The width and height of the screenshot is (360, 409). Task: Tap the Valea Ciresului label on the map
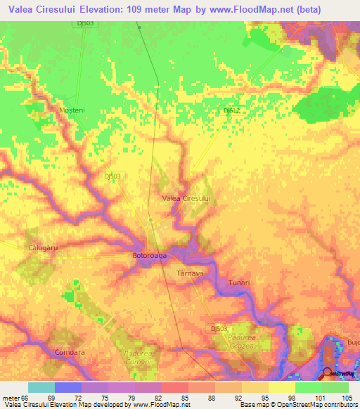tap(187, 199)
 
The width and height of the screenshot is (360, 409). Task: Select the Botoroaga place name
tap(150, 256)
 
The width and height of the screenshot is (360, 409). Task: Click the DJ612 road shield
tap(231, 110)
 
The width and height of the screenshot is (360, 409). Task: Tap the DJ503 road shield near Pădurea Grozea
tap(219, 328)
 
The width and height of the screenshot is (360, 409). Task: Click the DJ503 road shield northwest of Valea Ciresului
tap(112, 176)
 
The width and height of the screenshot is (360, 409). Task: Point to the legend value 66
tap(24, 397)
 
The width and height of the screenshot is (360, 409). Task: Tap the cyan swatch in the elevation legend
tap(41, 387)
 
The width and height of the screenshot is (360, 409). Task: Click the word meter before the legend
tap(10, 397)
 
